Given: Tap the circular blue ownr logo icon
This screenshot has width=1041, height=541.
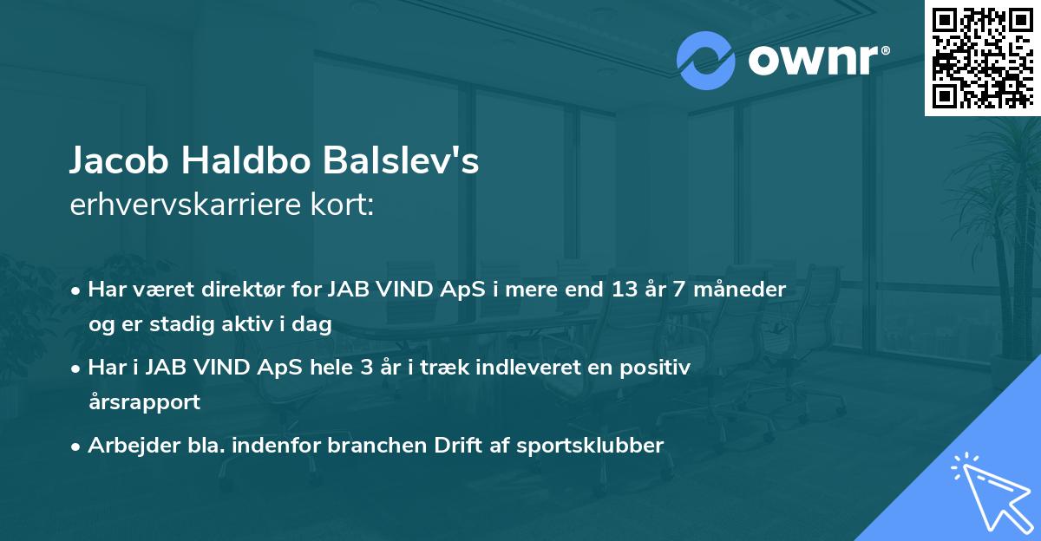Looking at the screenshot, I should pos(706,61).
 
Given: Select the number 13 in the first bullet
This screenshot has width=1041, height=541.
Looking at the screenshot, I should pos(619,290).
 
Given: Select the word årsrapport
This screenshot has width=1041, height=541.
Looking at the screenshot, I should pos(144,402).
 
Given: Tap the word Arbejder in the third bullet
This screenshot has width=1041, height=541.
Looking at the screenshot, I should pos(127,446).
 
